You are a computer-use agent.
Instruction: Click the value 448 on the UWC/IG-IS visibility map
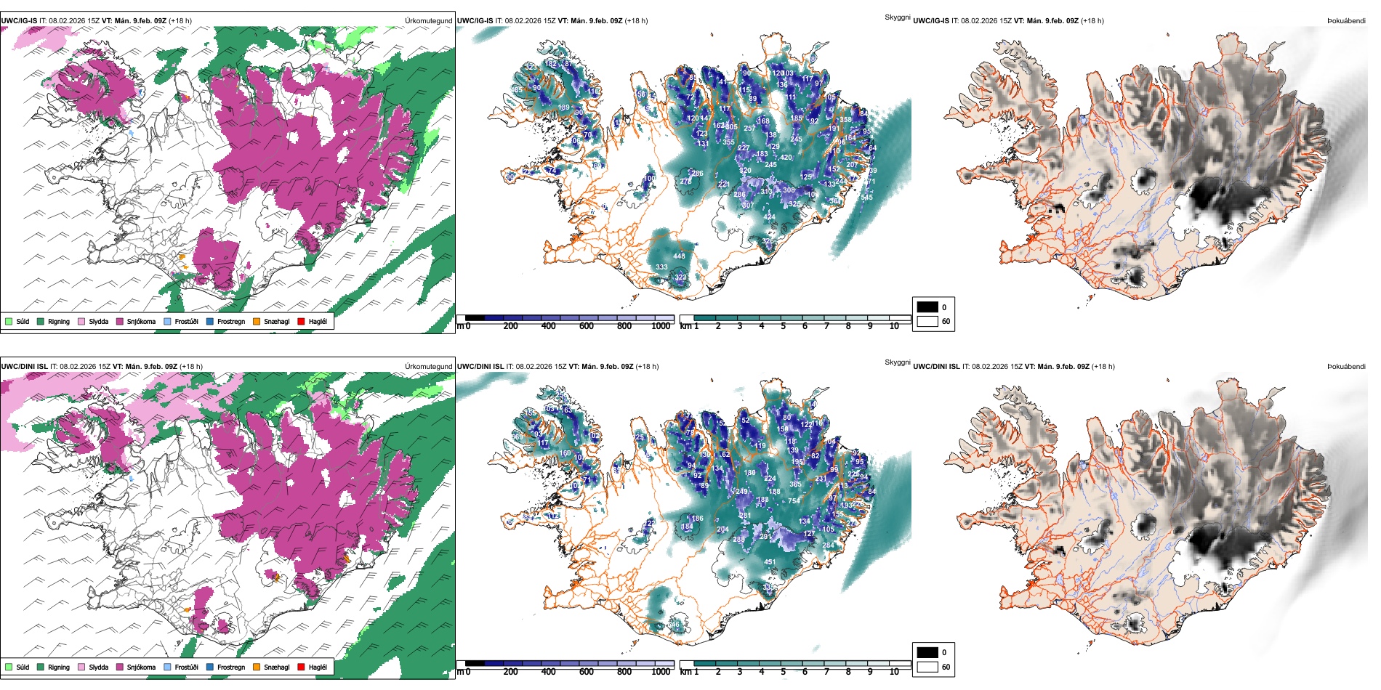coord(679,256)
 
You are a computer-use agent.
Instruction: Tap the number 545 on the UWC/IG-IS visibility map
coord(866,198)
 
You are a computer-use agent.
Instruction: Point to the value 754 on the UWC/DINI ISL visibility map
coord(794,500)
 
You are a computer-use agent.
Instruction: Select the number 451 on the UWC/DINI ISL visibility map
coord(770,561)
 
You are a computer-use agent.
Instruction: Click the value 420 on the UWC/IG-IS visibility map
coord(786,157)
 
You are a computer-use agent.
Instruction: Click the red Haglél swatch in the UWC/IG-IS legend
coord(301,321)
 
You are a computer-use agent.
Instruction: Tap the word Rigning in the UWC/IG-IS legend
coord(59,321)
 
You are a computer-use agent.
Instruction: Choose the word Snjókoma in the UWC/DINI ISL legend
coord(141,667)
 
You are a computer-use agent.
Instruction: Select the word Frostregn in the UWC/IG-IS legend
coord(231,321)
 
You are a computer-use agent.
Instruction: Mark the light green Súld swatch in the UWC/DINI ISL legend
coord(9,667)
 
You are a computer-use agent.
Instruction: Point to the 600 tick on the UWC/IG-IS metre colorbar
coord(586,326)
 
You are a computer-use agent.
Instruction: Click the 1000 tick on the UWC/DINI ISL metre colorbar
coord(661,672)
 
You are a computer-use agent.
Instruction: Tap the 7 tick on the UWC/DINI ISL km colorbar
coord(826,672)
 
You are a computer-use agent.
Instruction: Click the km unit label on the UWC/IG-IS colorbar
coord(685,326)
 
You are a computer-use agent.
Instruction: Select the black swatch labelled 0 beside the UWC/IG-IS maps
coord(927,307)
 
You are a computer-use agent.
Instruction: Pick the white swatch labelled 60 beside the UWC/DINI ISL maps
coord(927,666)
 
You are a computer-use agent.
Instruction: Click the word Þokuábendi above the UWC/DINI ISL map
coord(1346,367)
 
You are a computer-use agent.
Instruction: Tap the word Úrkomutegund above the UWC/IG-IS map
coord(428,21)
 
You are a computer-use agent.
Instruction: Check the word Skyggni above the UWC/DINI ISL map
coord(897,362)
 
